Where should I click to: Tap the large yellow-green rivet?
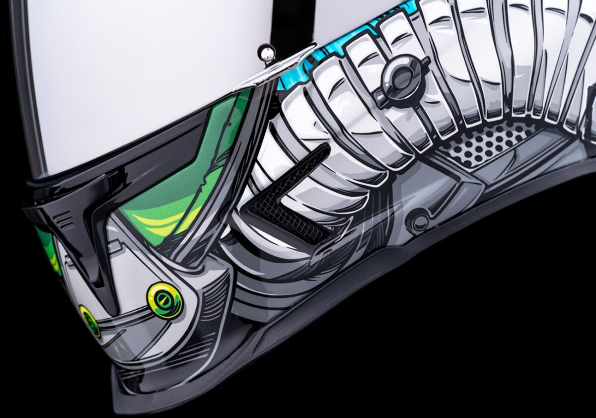pos(164,300)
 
